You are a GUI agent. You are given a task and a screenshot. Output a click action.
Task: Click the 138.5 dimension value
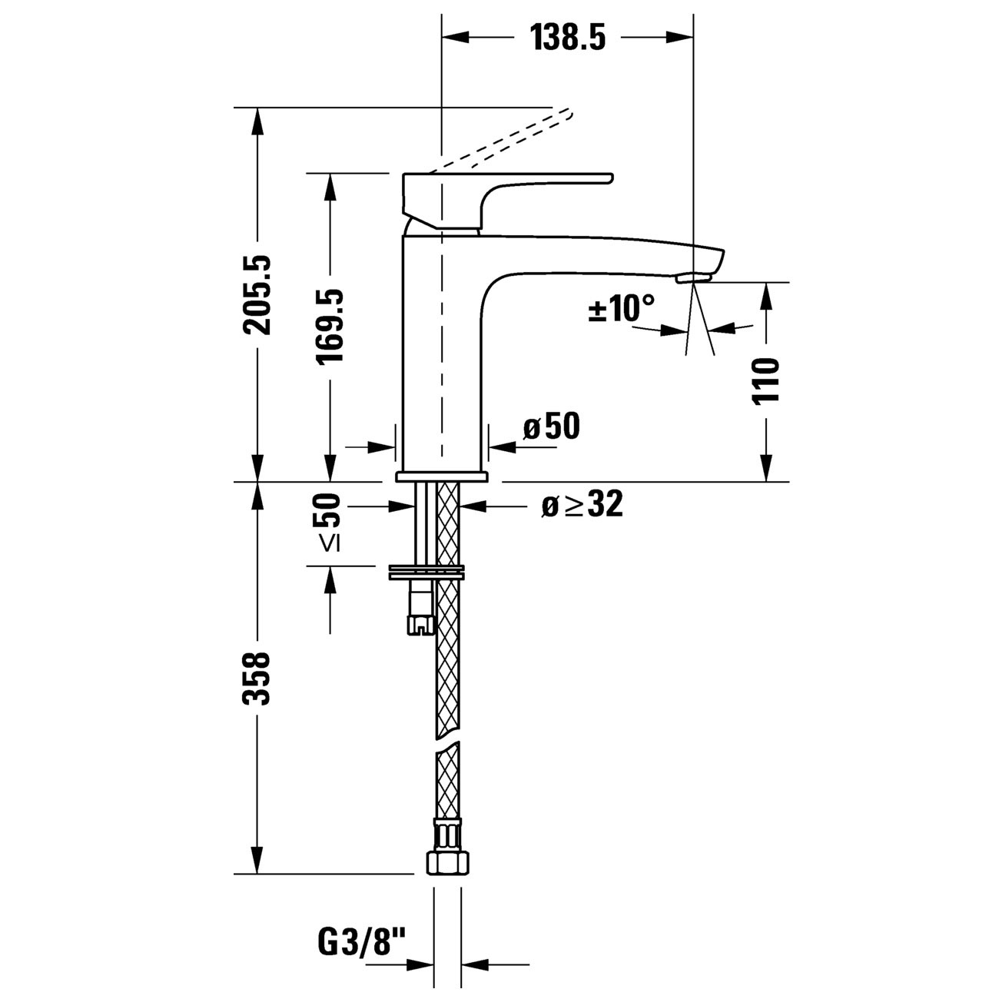click(568, 38)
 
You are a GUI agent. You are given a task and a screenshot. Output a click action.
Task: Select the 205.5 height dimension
click(257, 294)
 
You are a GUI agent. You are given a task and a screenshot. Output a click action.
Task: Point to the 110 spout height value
click(766, 380)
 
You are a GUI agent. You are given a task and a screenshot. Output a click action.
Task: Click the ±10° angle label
click(621, 308)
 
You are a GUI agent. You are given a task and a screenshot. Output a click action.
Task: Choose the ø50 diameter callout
click(552, 426)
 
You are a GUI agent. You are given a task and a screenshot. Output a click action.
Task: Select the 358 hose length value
click(257, 678)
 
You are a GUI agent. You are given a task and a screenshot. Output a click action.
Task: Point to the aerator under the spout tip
click(694, 279)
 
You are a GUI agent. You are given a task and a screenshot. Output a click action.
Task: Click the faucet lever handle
click(508, 201)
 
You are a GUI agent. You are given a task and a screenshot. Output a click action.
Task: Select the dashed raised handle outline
click(500, 140)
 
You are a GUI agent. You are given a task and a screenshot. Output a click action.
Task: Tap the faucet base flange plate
click(442, 476)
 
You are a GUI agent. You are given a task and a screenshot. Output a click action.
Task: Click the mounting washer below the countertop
click(426, 572)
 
